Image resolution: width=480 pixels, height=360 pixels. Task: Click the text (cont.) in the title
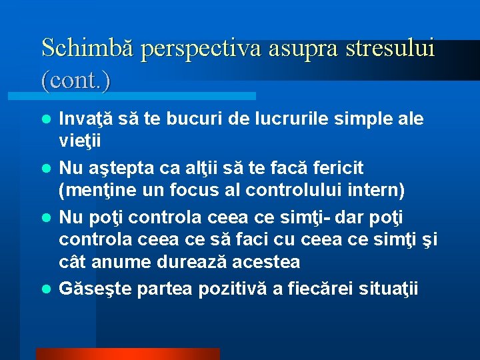click(75, 80)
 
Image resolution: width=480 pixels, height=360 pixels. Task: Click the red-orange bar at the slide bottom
click(127, 354)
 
